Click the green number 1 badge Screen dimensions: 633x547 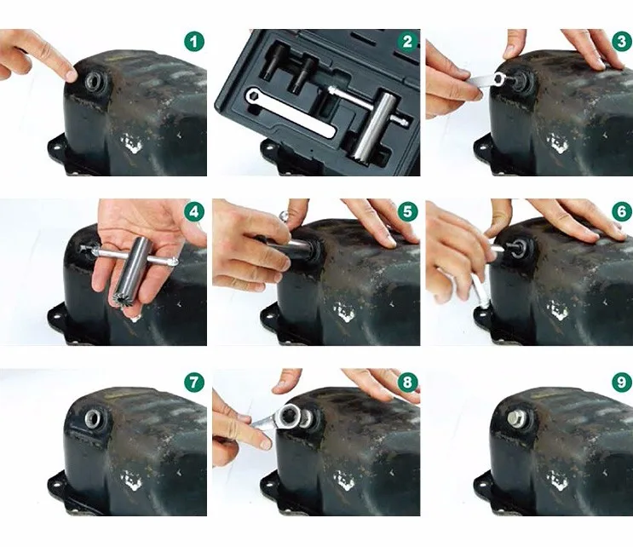(x=194, y=42)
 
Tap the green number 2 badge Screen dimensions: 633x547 (x=407, y=42)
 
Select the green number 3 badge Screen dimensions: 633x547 (x=622, y=42)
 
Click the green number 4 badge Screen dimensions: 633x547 (x=194, y=212)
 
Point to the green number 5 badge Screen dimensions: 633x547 (x=407, y=212)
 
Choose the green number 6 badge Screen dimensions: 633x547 (x=622, y=212)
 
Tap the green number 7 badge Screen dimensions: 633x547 (x=194, y=382)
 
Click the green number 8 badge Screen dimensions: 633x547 (x=407, y=382)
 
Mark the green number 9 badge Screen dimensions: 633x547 (x=622, y=382)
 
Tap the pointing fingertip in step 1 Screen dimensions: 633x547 (x=70, y=74)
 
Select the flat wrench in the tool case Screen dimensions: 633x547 (x=290, y=111)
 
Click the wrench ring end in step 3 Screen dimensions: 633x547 (x=498, y=77)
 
